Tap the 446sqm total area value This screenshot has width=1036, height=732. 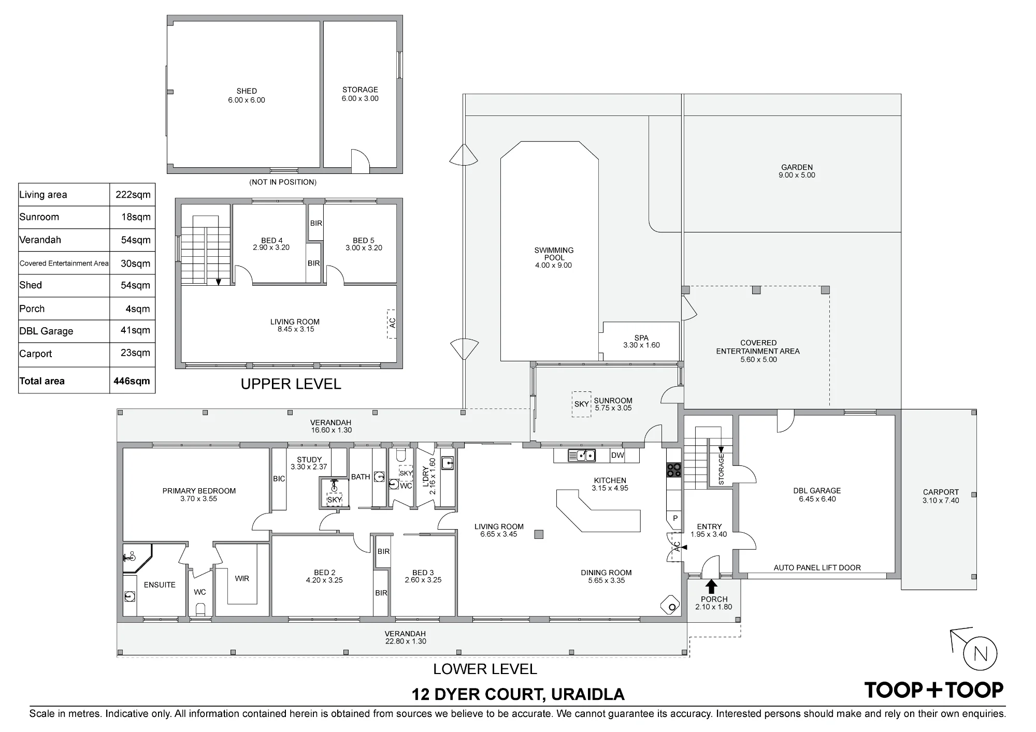[132, 381]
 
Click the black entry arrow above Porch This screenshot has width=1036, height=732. [712, 586]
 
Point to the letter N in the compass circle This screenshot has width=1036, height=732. [981, 654]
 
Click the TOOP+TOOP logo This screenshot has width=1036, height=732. [934, 690]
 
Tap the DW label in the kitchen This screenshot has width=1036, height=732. [617, 455]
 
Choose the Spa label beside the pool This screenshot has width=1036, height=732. [641, 338]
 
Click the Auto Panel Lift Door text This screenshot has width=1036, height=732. [817, 567]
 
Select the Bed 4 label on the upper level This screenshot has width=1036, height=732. [271, 240]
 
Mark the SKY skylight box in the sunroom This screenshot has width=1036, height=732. [581, 404]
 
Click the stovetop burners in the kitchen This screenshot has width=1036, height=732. [674, 470]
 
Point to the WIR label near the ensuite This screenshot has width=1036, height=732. [242, 578]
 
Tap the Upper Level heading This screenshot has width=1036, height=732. [291, 384]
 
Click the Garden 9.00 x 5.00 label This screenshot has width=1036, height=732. [797, 171]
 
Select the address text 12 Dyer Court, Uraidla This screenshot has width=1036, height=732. [518, 694]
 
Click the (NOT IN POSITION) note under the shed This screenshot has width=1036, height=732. [283, 182]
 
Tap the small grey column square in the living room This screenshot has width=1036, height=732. [539, 534]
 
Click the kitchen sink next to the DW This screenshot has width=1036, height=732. [582, 456]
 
